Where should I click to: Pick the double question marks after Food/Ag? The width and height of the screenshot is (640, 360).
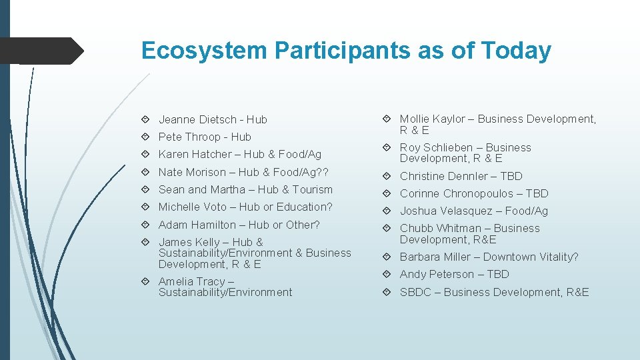pos(323,172)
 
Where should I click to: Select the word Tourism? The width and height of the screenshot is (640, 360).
pos(311,189)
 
